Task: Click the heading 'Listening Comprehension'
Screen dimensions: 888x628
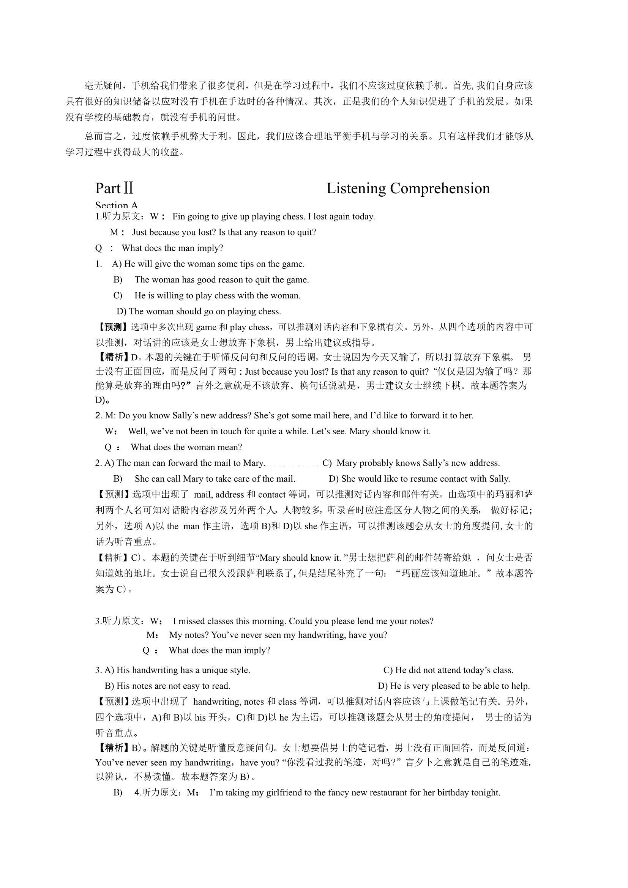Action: coord(408,188)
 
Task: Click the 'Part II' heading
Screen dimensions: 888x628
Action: coord(114,188)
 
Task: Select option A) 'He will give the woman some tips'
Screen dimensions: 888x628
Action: coord(208,264)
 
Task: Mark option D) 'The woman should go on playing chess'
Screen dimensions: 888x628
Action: coord(199,312)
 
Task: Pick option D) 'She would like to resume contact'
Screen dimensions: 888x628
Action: coord(419,479)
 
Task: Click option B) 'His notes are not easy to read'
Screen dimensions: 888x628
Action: coord(167,686)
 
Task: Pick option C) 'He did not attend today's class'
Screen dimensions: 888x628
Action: coord(448,670)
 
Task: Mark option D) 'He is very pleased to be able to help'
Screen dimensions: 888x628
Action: coord(454,686)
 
